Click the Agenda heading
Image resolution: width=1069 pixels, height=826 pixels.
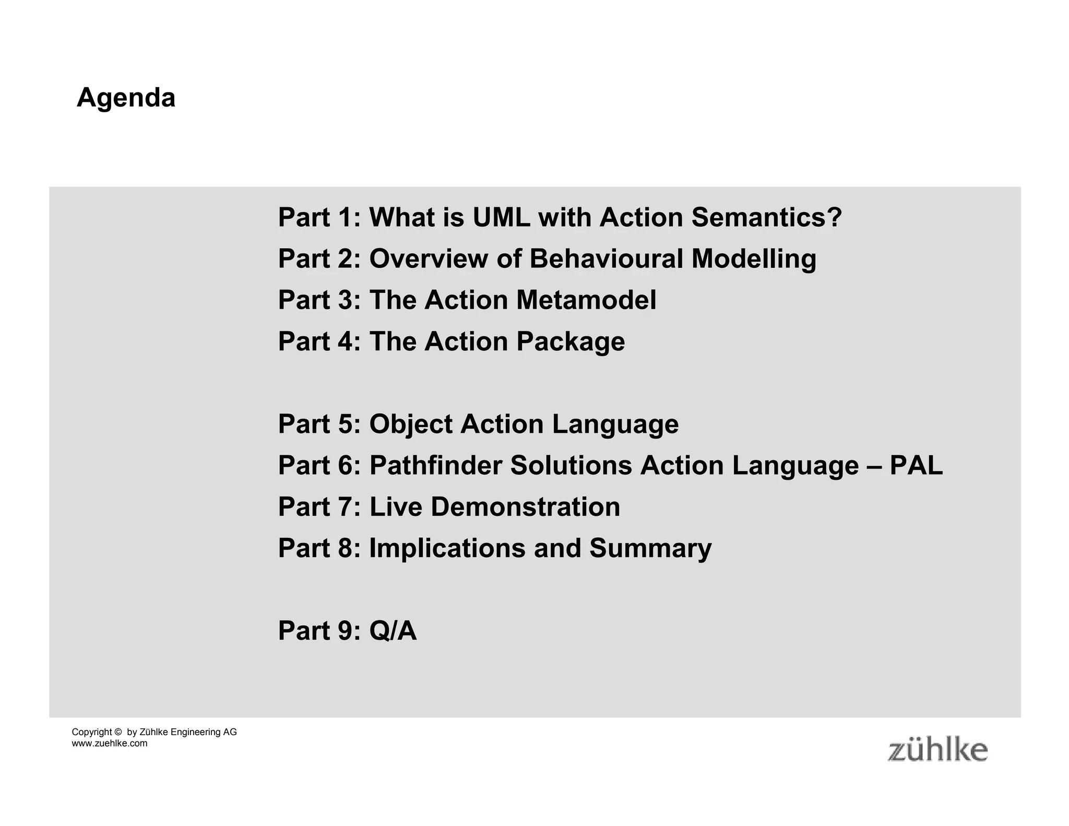(x=126, y=98)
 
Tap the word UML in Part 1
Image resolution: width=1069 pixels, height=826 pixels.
(x=501, y=217)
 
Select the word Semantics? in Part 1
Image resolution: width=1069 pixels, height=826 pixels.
(x=766, y=217)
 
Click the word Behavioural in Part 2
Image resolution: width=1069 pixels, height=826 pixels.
(x=606, y=258)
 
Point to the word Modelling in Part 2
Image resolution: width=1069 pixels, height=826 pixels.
(x=754, y=258)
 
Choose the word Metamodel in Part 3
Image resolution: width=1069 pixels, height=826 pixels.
(x=586, y=300)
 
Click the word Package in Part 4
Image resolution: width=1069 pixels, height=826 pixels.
(x=570, y=341)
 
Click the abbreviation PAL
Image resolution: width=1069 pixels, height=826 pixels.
(x=916, y=465)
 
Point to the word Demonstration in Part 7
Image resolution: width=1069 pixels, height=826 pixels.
(x=525, y=506)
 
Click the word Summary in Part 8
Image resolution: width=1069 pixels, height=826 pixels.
(x=650, y=548)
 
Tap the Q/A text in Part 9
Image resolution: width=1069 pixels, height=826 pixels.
(x=393, y=631)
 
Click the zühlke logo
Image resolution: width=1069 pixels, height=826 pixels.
(x=937, y=750)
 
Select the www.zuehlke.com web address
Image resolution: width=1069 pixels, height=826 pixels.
(x=110, y=744)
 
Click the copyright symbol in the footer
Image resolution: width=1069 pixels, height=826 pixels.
(x=117, y=732)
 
